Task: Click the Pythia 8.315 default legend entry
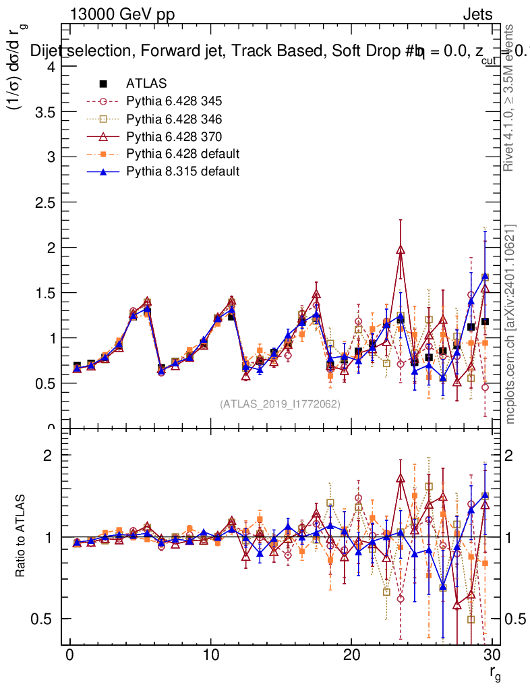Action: point(183,171)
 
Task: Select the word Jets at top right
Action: point(477,14)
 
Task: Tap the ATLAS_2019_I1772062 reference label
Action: point(280,404)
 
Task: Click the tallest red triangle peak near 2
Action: point(401,249)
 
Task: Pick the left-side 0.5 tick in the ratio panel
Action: point(47,619)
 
